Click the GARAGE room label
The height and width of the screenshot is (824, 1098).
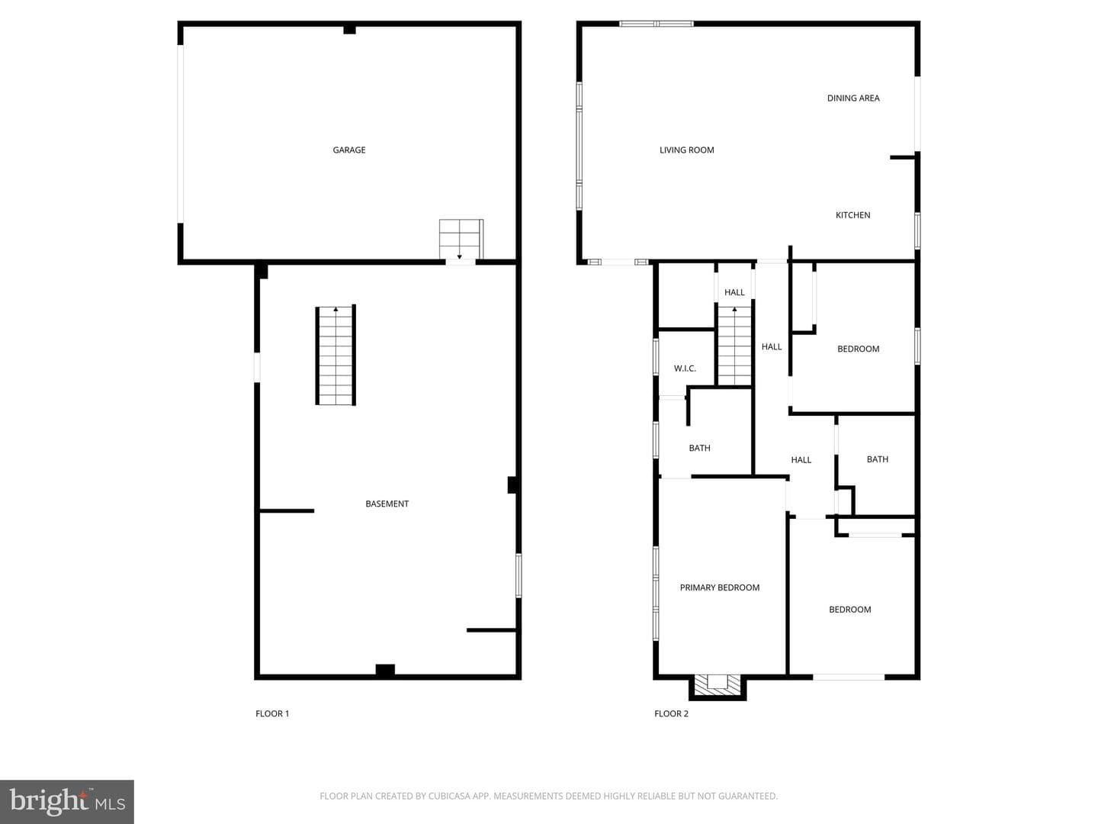coord(348,150)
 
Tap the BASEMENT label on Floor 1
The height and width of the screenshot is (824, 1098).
coord(387,504)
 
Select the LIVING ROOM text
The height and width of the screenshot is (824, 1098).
coord(686,150)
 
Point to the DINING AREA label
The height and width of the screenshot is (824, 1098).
coord(853,98)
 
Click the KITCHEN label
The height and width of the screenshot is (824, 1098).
coord(852,215)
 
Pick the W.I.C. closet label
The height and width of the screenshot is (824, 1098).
coord(684,369)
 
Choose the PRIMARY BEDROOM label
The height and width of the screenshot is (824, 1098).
coord(719,587)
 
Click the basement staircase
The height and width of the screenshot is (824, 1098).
coord(335,355)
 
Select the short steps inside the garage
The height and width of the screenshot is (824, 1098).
coord(461,239)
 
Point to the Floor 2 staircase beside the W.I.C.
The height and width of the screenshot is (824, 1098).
coord(734,346)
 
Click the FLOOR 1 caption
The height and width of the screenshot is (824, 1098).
coord(272,713)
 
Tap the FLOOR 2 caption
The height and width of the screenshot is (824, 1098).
coord(671,713)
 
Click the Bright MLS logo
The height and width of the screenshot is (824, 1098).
coord(67,801)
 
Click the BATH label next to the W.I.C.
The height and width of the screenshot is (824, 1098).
coord(699,448)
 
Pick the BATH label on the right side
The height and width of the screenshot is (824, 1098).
coord(878,459)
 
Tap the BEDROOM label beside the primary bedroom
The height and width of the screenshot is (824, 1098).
coord(850,610)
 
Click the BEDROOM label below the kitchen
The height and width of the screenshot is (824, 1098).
coord(858,349)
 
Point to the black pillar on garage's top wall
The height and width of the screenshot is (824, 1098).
coord(349,30)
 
